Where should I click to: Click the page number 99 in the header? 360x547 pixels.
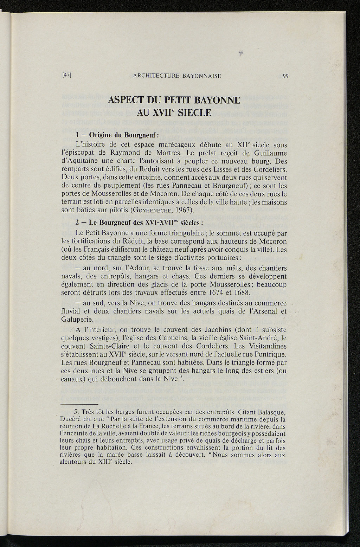[x=285, y=76]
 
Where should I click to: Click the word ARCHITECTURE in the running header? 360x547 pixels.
[x=154, y=76]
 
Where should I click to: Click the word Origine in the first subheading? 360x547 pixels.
[x=103, y=135]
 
